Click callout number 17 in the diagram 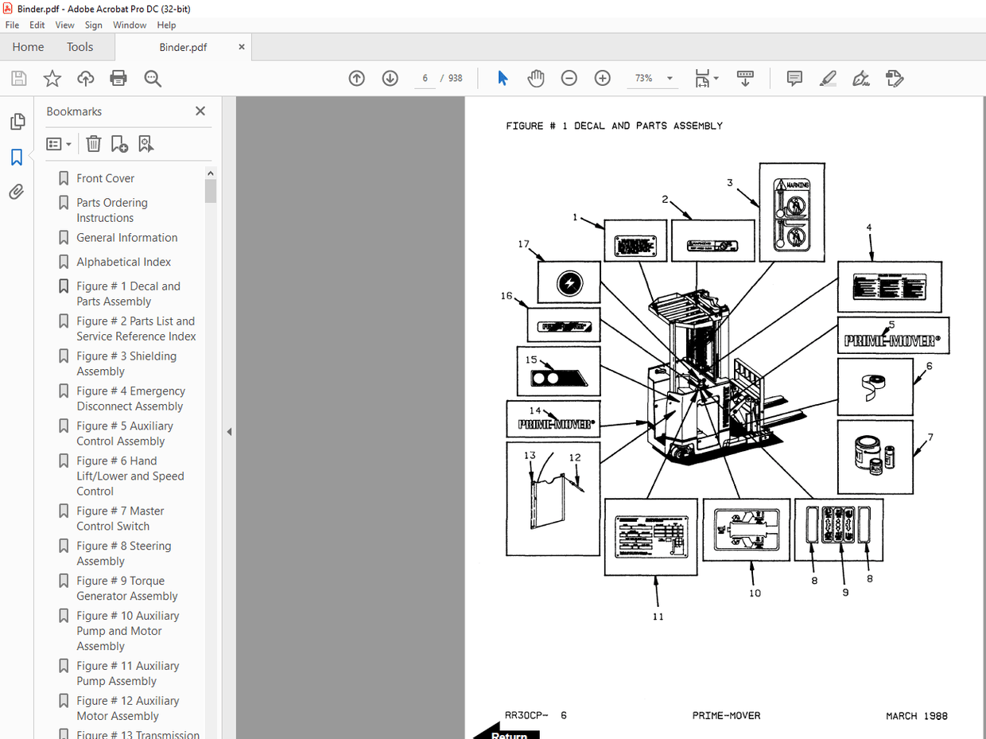(x=523, y=244)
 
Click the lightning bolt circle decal (x=569, y=282)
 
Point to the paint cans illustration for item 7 (x=875, y=457)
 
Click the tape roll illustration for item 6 (x=874, y=387)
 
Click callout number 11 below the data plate (x=658, y=616)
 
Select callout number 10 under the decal (x=755, y=593)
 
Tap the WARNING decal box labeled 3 (x=791, y=212)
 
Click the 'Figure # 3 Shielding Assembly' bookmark (x=126, y=364)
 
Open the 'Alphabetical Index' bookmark (x=123, y=262)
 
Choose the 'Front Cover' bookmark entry (x=105, y=178)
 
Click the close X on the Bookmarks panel (x=200, y=111)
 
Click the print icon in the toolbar (x=118, y=78)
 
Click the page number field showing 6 (x=425, y=78)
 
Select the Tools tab (x=80, y=47)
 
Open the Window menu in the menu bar (x=130, y=25)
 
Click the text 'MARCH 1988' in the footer (x=916, y=716)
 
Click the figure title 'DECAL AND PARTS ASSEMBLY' (x=648, y=126)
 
